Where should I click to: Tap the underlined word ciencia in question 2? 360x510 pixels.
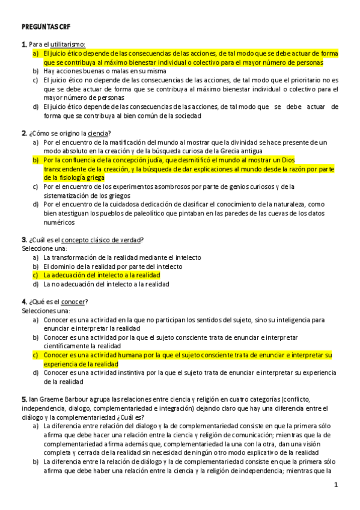pyautogui.click(x=98, y=133)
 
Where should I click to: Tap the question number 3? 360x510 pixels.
pyautogui.click(x=23, y=239)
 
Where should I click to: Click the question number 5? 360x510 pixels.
pyautogui.click(x=23, y=399)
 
